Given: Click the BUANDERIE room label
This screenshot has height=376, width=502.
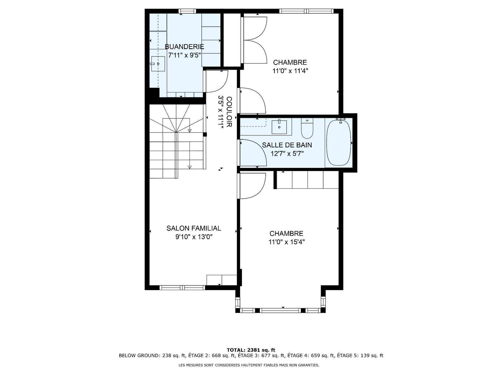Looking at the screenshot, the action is click(x=184, y=47).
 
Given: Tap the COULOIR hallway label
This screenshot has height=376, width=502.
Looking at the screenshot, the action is click(x=229, y=112).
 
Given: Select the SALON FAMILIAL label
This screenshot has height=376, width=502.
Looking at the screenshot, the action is click(x=194, y=228).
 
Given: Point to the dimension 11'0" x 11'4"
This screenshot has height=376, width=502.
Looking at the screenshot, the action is click(x=290, y=71).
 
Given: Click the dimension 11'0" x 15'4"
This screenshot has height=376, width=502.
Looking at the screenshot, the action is click(x=286, y=242).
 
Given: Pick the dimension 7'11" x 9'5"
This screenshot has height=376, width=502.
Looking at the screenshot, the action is click(x=184, y=55).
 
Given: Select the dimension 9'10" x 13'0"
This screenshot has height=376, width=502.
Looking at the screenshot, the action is click(x=194, y=237).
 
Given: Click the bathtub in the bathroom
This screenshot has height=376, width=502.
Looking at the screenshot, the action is click(x=339, y=142).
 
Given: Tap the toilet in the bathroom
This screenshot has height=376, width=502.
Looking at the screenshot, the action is click(x=307, y=128).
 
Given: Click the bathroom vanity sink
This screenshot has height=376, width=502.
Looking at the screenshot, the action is click(x=279, y=127).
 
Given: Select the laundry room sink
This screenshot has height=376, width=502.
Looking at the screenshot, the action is click(x=158, y=64).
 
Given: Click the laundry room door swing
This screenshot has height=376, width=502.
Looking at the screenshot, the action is click(x=216, y=81).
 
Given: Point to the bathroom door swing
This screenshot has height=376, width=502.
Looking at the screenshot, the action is click(x=253, y=153).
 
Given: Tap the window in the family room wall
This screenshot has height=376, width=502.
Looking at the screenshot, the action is click(x=182, y=288).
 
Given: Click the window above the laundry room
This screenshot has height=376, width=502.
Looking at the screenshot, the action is click(x=187, y=11).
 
